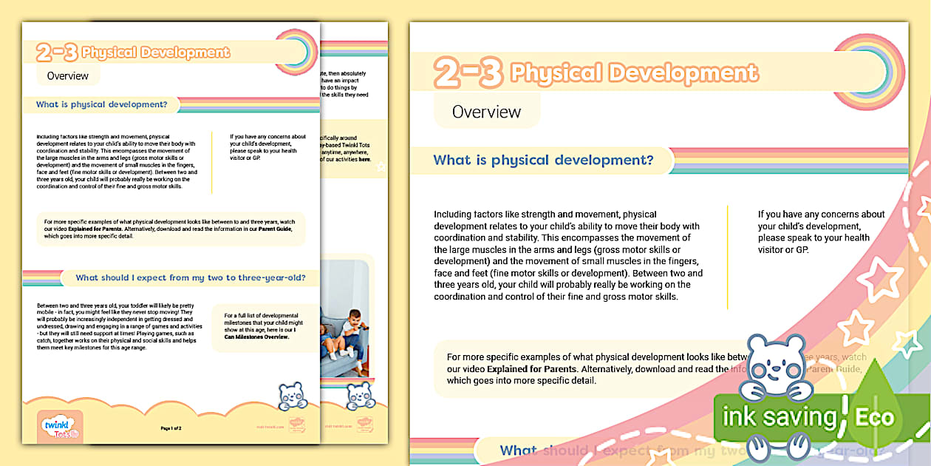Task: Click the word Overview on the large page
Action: point(486,112)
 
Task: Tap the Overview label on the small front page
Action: point(67,75)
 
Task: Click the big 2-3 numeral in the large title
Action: point(468,73)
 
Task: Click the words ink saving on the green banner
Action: point(778,417)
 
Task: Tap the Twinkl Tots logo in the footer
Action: point(59,428)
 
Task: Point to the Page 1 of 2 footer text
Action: point(171,428)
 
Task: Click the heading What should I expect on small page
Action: point(191,278)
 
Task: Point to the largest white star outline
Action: point(880,280)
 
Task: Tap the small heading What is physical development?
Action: point(101,104)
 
